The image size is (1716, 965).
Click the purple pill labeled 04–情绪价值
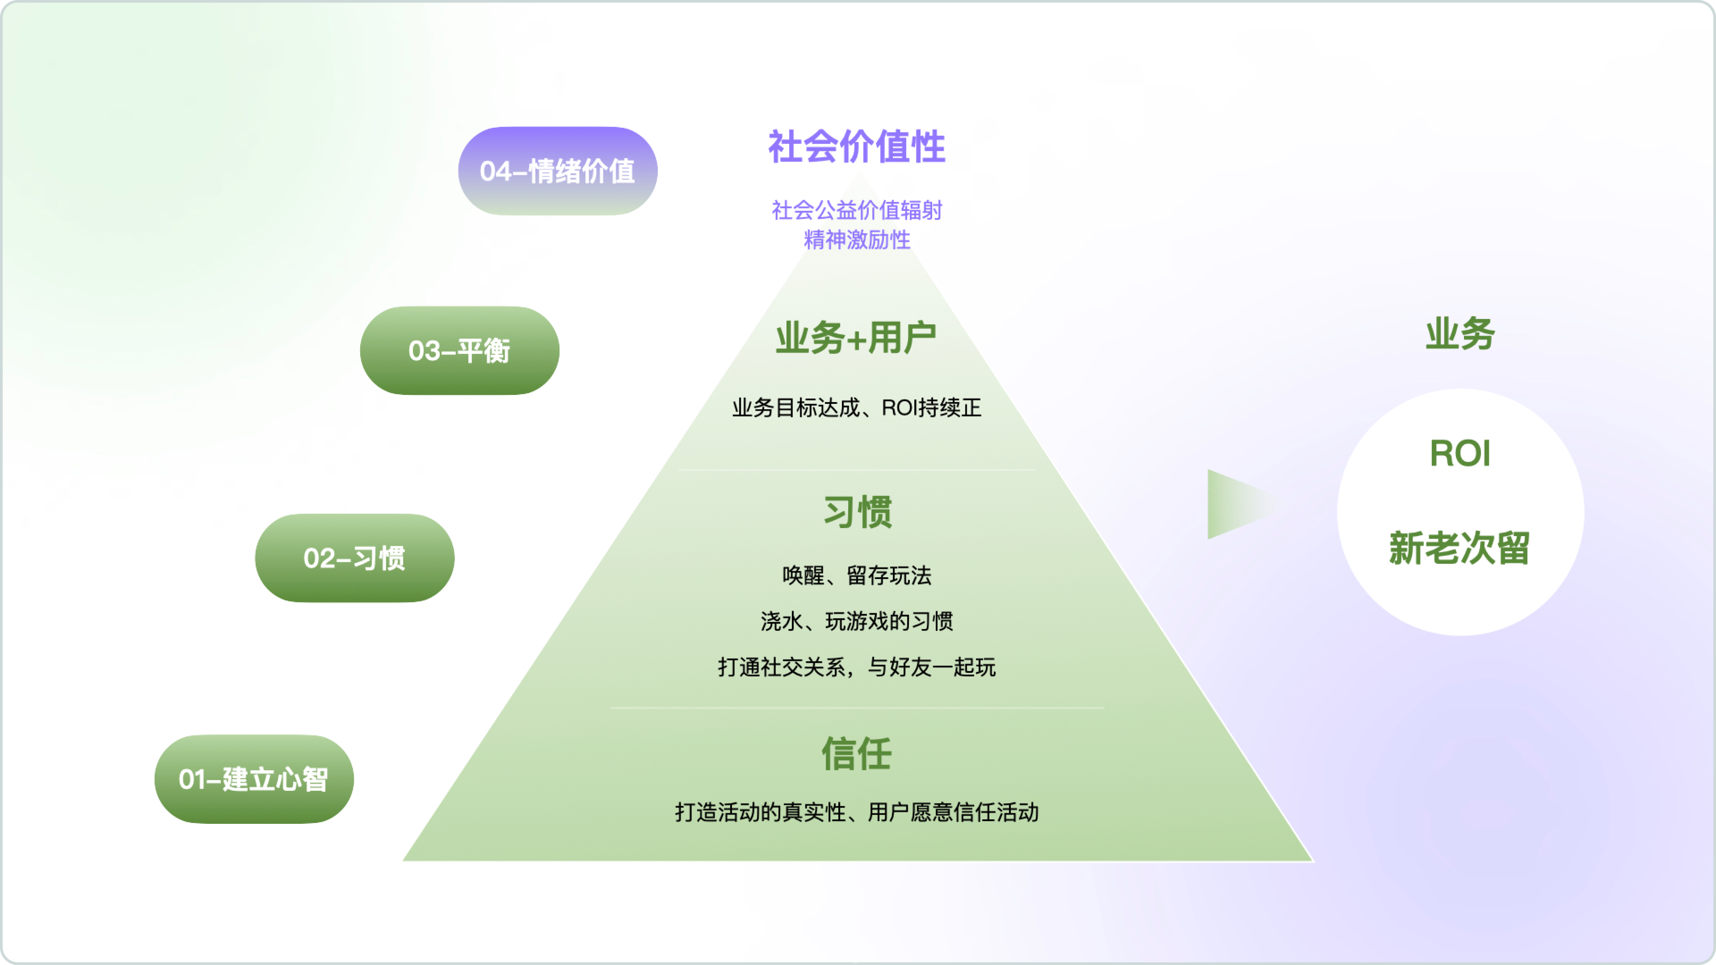(557, 171)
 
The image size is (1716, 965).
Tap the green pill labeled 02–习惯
(354, 558)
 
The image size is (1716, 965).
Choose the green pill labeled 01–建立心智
(254, 779)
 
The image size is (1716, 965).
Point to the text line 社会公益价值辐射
(857, 210)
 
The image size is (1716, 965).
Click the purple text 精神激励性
(857, 240)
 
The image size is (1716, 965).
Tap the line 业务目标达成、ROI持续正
(857, 408)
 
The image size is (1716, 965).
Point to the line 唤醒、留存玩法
(857, 575)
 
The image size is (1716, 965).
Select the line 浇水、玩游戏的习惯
(857, 621)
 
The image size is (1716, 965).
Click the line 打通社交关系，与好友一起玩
(857, 667)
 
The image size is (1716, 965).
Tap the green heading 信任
(857, 754)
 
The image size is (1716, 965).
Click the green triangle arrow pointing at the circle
(1232, 504)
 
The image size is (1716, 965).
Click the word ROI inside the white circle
(1460, 453)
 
